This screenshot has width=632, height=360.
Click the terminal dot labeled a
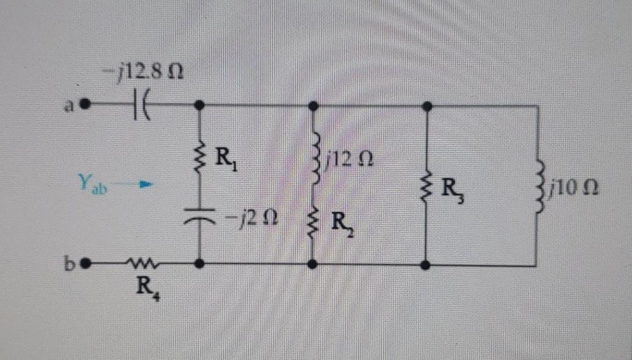tap(86, 104)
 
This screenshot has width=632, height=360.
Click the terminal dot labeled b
tap(86, 265)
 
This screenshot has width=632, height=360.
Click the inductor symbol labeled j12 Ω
tap(313, 162)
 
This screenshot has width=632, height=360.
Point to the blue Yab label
tap(90, 182)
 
